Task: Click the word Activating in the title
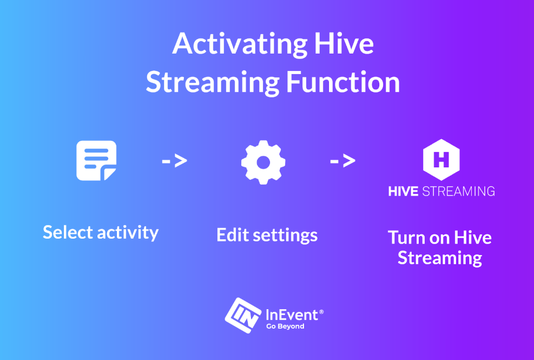point(240,44)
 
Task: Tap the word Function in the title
point(343,82)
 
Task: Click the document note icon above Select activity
point(96,161)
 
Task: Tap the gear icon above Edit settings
point(263,162)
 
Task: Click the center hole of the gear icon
point(263,162)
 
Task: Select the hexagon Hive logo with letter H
point(441,160)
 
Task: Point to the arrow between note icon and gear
point(174,161)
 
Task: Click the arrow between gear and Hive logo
point(342,161)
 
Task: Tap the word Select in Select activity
point(68,232)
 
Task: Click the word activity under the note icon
point(128,233)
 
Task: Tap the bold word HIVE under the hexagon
point(403,191)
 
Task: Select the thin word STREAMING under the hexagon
point(458,191)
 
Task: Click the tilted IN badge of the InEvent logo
point(243,316)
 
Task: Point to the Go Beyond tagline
point(285,326)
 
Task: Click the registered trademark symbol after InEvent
point(321,312)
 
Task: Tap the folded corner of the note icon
point(109,174)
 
